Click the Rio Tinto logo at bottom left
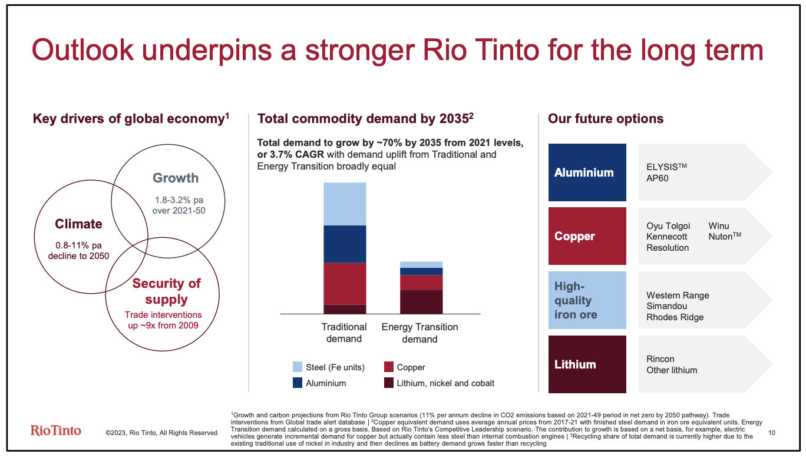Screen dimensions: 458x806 point(55,430)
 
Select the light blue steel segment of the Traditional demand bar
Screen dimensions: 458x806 point(345,204)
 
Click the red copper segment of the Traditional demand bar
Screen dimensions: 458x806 point(345,283)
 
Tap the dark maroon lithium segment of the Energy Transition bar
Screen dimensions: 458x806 point(421,301)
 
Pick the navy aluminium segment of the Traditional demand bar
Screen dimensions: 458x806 point(345,244)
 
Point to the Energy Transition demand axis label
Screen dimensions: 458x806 point(419,333)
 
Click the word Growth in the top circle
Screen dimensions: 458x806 point(176,178)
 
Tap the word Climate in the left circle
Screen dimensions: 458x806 point(78,224)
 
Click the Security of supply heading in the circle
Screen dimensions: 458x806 point(166,291)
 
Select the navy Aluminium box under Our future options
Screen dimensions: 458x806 point(587,172)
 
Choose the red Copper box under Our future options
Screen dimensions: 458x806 point(587,236)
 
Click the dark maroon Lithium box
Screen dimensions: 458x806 point(587,364)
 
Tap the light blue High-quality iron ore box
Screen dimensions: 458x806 point(587,300)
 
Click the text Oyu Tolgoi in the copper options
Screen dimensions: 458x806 point(668,226)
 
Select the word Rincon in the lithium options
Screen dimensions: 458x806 point(660,359)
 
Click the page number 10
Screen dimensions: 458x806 point(773,433)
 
